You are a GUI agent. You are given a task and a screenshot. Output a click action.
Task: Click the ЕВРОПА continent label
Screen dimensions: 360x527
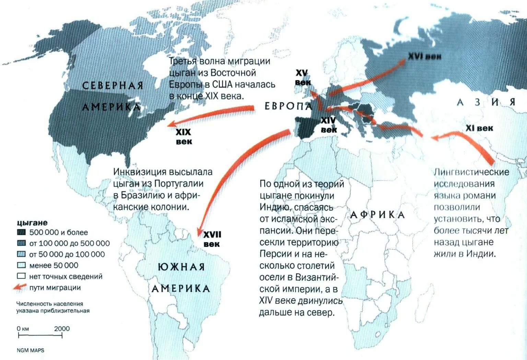pos(289,106)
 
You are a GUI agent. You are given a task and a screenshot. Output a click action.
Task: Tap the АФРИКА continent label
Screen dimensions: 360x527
pos(377,215)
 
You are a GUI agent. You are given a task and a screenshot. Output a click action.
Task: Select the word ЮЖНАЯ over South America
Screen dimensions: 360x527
pos(181,267)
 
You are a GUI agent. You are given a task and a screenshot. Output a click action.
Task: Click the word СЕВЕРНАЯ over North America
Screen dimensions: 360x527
pos(113,85)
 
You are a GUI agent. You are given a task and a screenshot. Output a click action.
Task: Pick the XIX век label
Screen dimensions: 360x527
pos(184,137)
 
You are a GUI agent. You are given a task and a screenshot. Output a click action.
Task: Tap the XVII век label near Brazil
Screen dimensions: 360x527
pos(212,239)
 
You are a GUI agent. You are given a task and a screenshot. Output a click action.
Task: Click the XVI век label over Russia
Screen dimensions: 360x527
pos(424,56)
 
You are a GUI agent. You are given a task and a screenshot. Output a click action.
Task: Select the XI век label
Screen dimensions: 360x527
pos(479,128)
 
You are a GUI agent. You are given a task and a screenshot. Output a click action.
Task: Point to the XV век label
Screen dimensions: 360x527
pos(303,78)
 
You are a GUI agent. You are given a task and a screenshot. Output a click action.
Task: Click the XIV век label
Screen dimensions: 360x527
pos(328,125)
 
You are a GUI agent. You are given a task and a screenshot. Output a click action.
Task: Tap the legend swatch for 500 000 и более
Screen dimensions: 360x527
pos(21,232)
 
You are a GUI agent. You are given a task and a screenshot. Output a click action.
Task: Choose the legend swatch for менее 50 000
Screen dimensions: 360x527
pos(21,265)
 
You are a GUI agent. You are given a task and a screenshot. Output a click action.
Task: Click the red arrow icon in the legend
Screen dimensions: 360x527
pos(20,287)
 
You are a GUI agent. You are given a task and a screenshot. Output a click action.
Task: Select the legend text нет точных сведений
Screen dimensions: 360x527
pos(66,276)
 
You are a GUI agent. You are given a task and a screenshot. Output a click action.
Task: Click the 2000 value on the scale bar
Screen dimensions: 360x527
pos(62,328)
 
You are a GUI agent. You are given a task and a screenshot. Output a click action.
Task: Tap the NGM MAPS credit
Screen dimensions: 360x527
pos(31,350)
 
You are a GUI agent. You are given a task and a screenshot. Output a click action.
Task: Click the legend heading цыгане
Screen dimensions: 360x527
pos(32,222)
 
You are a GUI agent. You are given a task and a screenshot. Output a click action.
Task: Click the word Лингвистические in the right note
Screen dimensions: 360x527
pos(471,172)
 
